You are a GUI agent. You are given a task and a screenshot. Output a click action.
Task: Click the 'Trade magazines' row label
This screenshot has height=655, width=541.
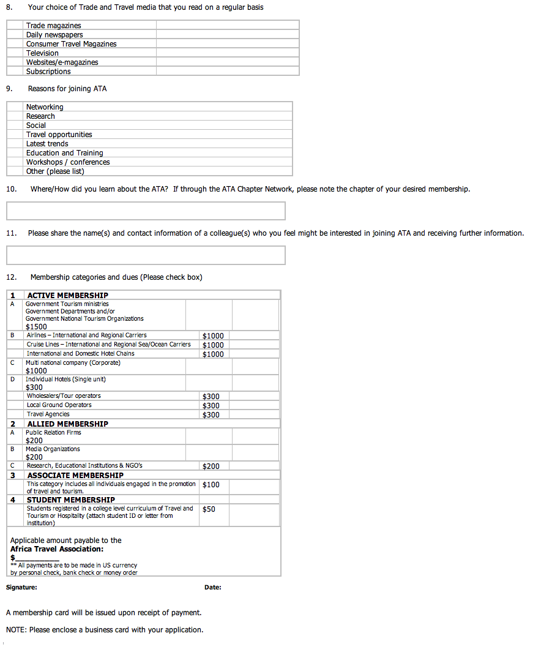tap(53, 26)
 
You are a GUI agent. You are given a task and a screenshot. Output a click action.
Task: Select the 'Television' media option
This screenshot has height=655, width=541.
tap(42, 53)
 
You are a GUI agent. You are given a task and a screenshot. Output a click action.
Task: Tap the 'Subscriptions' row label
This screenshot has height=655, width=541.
tap(48, 72)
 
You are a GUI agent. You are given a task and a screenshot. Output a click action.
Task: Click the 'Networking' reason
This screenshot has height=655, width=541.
tap(45, 107)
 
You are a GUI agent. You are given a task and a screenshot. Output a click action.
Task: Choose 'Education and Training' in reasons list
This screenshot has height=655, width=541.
tap(64, 153)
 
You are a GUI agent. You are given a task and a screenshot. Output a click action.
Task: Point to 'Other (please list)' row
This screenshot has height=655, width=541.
tap(55, 171)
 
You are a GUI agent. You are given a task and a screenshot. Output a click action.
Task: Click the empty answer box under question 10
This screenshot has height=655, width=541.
tap(146, 211)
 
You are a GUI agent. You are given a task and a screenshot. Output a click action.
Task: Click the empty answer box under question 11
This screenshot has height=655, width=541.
tap(146, 255)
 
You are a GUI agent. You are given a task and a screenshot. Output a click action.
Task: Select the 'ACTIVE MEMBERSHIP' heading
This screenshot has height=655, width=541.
tap(67, 296)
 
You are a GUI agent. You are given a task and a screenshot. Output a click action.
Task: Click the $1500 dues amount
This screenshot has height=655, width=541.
tap(36, 327)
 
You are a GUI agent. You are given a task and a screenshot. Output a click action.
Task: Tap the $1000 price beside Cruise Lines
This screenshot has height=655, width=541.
tap(213, 345)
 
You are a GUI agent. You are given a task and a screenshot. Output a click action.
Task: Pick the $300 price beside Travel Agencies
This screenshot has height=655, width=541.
tap(211, 415)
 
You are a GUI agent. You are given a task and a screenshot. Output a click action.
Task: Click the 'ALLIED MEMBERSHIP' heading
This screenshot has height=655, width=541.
tap(67, 424)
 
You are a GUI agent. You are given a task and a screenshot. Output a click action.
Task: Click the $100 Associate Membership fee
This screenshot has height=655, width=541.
tap(211, 485)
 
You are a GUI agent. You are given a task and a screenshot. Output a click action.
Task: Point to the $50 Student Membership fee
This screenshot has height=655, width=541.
tap(209, 509)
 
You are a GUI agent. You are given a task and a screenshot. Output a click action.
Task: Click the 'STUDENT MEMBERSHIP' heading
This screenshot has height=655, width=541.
tap(70, 500)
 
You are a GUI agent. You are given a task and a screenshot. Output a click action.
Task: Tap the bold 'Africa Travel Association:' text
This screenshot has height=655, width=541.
tap(57, 549)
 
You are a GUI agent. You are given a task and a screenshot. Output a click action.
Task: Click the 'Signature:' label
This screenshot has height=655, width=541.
tap(21, 588)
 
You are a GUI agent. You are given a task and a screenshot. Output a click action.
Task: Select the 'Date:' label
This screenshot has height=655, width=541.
tap(213, 588)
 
